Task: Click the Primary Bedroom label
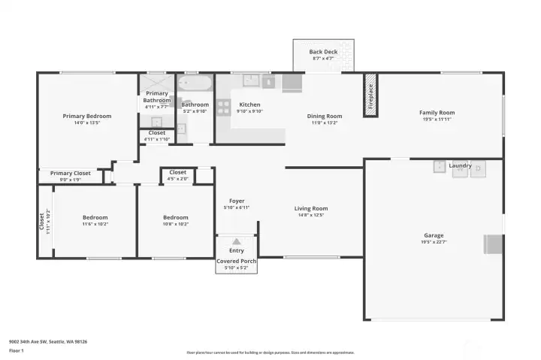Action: point(87,116)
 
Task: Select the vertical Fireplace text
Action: point(370,95)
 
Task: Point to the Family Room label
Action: point(437,113)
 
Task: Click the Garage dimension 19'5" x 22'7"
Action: point(433,242)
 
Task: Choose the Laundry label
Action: point(459,165)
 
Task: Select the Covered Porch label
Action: point(236,261)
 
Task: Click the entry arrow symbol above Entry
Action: point(236,241)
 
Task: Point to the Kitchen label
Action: point(249,104)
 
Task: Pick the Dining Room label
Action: point(325,116)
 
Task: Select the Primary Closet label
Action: point(71,173)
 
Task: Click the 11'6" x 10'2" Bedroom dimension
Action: point(95,224)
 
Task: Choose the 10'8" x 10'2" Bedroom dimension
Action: point(175,224)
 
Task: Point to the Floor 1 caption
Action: point(16,350)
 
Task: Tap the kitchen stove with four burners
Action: point(222,107)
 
